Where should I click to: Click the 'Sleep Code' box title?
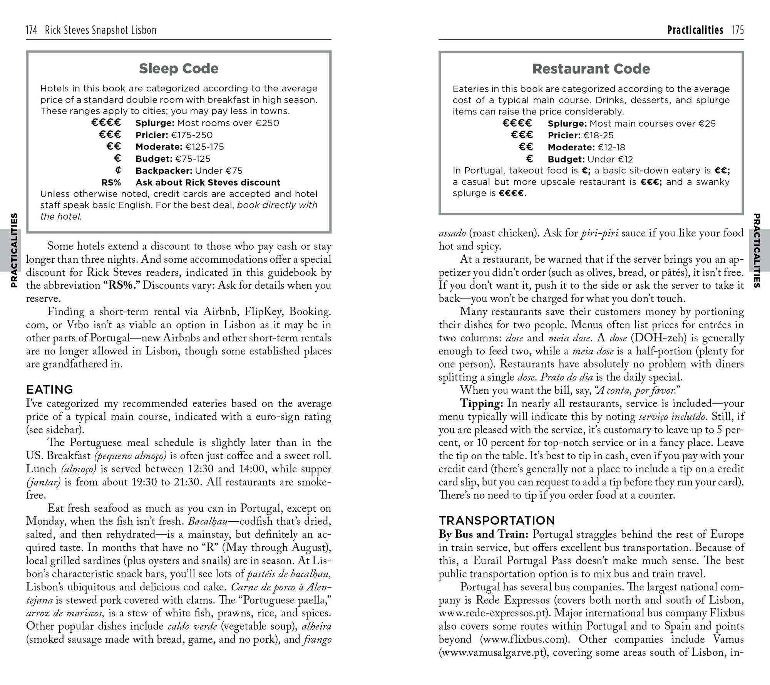pyautogui.click(x=178, y=69)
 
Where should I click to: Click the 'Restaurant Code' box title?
pyautogui.click(x=591, y=69)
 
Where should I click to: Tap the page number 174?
pyautogui.click(x=31, y=30)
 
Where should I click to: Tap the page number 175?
pyautogui.click(x=738, y=30)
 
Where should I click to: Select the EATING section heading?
pyautogui.click(x=49, y=390)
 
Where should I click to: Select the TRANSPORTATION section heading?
pyautogui.click(x=497, y=520)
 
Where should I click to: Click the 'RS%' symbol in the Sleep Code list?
pyautogui.click(x=111, y=183)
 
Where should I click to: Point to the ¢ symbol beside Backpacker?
pyautogui.click(x=118, y=170)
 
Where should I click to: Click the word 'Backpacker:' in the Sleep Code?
pyautogui.click(x=164, y=171)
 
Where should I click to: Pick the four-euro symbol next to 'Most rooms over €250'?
pyautogui.click(x=106, y=123)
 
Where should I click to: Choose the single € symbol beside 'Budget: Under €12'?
pyautogui.click(x=529, y=159)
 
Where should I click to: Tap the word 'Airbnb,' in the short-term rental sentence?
pyautogui.click(x=222, y=312)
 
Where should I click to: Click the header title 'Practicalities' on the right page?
pyautogui.click(x=695, y=30)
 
